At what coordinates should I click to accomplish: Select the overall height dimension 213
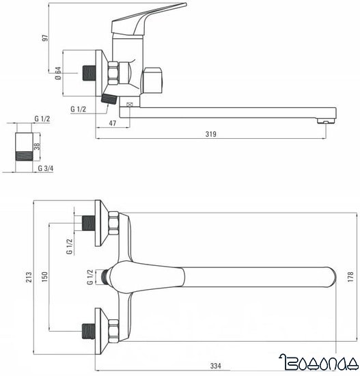pos(27,277)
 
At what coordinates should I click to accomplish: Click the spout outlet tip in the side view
pos(327,120)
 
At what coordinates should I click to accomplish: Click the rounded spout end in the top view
pos(331,277)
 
